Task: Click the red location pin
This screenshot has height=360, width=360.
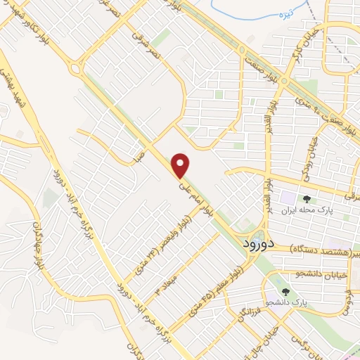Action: point(181,164)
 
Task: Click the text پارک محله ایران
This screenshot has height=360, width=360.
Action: point(306,210)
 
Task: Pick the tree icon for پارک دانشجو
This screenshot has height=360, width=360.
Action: point(285,291)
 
